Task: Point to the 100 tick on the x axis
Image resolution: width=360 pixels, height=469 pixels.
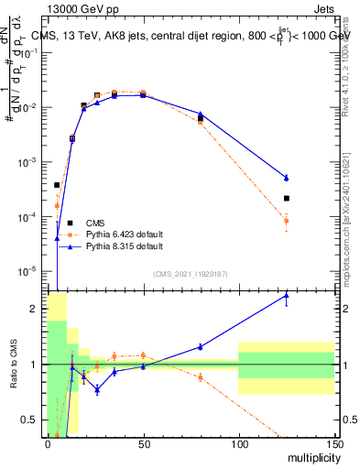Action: (238, 443)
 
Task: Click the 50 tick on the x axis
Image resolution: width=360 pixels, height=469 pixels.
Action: (143, 443)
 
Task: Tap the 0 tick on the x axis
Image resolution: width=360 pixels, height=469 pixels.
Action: (48, 443)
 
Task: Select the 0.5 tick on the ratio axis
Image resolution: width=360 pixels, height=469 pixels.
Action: (31, 420)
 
